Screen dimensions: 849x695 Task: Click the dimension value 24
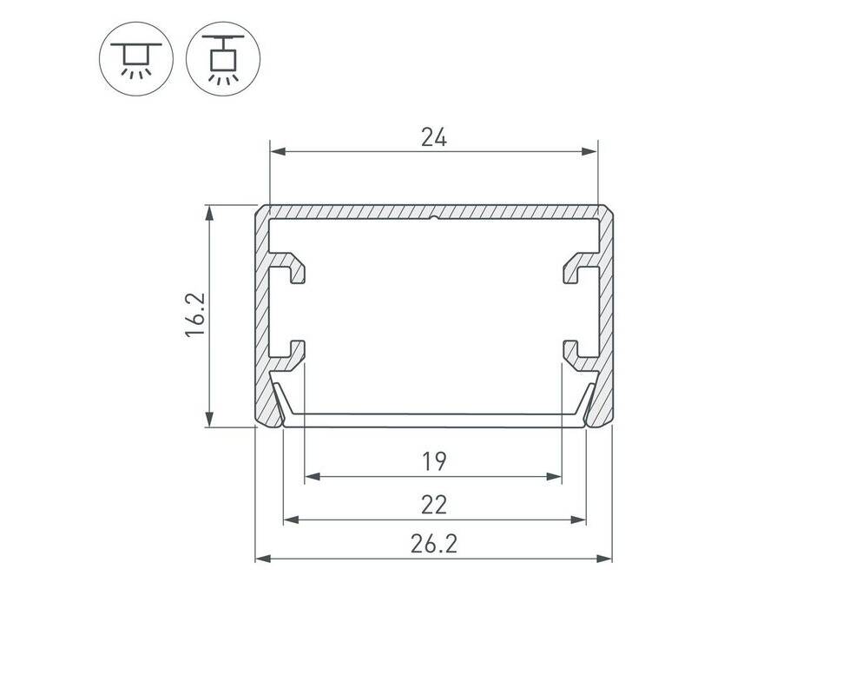click(434, 137)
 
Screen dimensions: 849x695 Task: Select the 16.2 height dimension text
click(195, 314)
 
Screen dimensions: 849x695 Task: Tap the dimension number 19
click(434, 461)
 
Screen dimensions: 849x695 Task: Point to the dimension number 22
click(434, 505)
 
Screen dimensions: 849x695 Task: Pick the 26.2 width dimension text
click(434, 543)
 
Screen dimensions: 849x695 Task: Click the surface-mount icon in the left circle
click(136, 59)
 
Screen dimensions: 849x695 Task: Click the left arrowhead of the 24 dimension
click(278, 152)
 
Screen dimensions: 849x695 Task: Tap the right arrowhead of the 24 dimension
click(589, 152)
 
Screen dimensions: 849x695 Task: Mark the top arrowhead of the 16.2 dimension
click(209, 213)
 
